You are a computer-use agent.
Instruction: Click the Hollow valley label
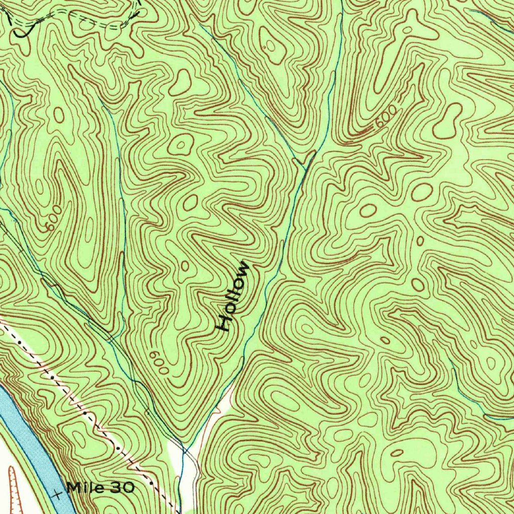point(232,296)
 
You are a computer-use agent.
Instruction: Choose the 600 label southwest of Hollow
point(159,361)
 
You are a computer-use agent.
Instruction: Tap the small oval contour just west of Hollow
point(185,266)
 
